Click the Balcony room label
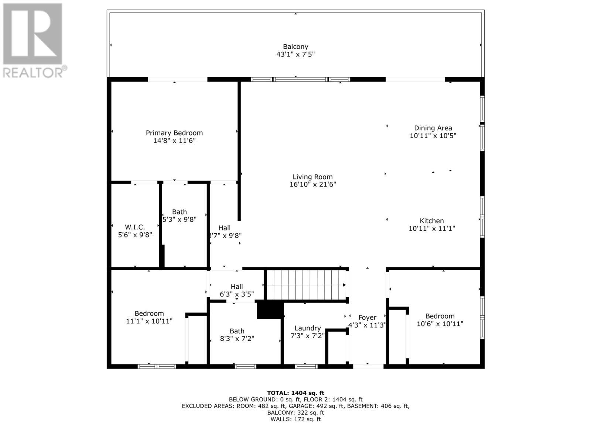(x=295, y=47)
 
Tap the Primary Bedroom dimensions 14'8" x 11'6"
(x=174, y=141)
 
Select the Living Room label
(x=312, y=177)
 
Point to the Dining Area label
(x=433, y=128)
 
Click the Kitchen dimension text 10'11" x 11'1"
(x=431, y=229)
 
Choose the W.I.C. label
(x=135, y=227)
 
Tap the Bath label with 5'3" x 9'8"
(x=179, y=212)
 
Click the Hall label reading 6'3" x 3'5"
(x=236, y=287)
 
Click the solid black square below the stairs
(x=270, y=309)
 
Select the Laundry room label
(x=307, y=328)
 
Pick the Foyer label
(x=367, y=318)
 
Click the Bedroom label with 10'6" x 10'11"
(x=440, y=316)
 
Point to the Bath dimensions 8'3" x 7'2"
(x=237, y=339)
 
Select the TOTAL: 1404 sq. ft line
(x=295, y=393)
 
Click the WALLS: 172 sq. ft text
(x=295, y=419)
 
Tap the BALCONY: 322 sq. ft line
(x=295, y=412)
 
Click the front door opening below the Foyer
(x=368, y=366)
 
